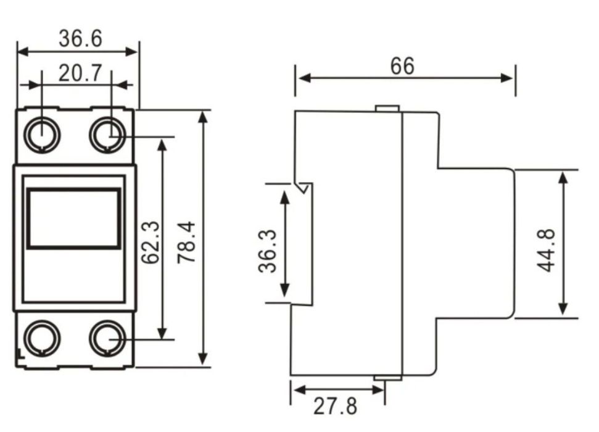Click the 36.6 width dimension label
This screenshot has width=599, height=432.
pyautogui.click(x=81, y=39)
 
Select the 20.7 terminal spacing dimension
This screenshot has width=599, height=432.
pyautogui.click(x=81, y=73)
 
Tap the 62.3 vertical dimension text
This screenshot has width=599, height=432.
pyautogui.click(x=151, y=243)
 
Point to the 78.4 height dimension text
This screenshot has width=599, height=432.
pyautogui.click(x=186, y=243)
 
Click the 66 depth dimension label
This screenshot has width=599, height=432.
pyautogui.click(x=402, y=66)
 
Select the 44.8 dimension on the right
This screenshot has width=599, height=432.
pyautogui.click(x=547, y=251)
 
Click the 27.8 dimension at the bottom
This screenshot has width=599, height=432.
pyautogui.click(x=336, y=406)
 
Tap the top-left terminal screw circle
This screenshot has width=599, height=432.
pyautogui.click(x=42, y=135)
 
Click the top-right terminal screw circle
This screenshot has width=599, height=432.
pyautogui.click(x=108, y=135)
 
